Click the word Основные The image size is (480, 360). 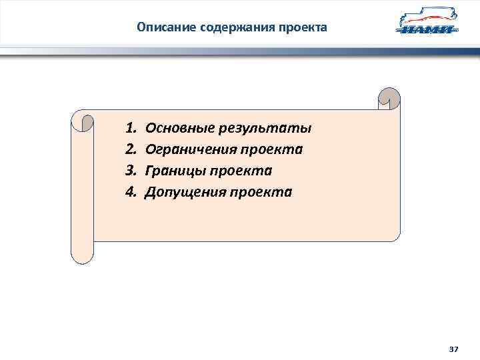coord(177,127)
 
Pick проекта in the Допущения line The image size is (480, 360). coord(261,192)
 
